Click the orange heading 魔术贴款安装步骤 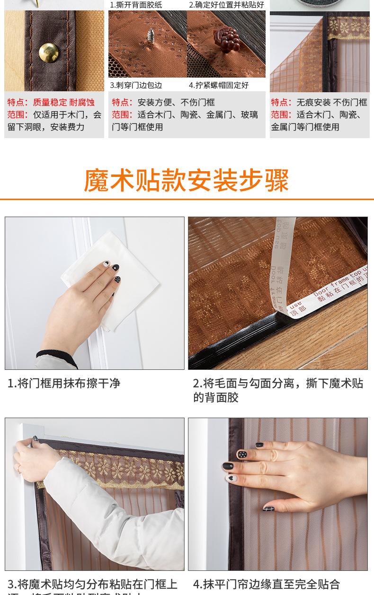pyautogui.click(x=187, y=180)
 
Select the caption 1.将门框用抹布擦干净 pyautogui.click(x=64, y=383)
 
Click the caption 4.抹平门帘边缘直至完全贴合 pyautogui.click(x=266, y=585)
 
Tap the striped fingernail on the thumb pyautogui.click(x=268, y=508)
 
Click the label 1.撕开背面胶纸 pyautogui.click(x=136, y=5)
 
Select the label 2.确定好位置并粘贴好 pyautogui.click(x=226, y=5)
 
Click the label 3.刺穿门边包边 pyautogui.click(x=136, y=85)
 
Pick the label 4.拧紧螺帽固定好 pyautogui.click(x=218, y=85)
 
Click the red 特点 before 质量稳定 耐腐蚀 pyautogui.click(x=18, y=102)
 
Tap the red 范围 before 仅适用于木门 pyautogui.click(x=18, y=114)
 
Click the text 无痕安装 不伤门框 pyautogui.click(x=331, y=102)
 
